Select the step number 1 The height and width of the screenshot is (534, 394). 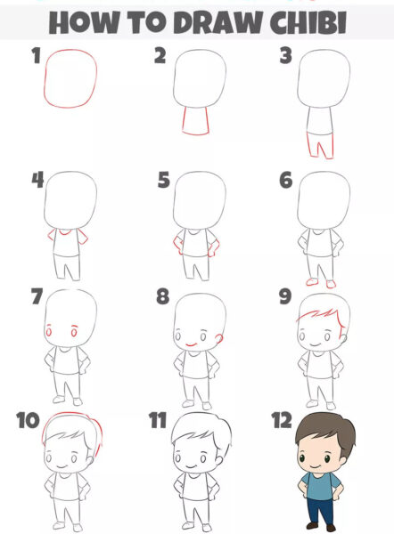point(36,58)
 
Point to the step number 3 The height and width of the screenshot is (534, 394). point(286,57)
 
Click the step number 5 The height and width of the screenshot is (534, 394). point(163,181)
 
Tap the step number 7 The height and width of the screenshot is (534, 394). point(37,295)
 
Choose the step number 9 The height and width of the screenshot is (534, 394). point(287,295)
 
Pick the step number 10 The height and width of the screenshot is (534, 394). point(28,418)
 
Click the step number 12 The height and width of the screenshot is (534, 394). point(282,419)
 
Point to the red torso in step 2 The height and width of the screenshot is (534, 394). point(195,119)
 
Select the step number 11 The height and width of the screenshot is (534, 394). point(159,419)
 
